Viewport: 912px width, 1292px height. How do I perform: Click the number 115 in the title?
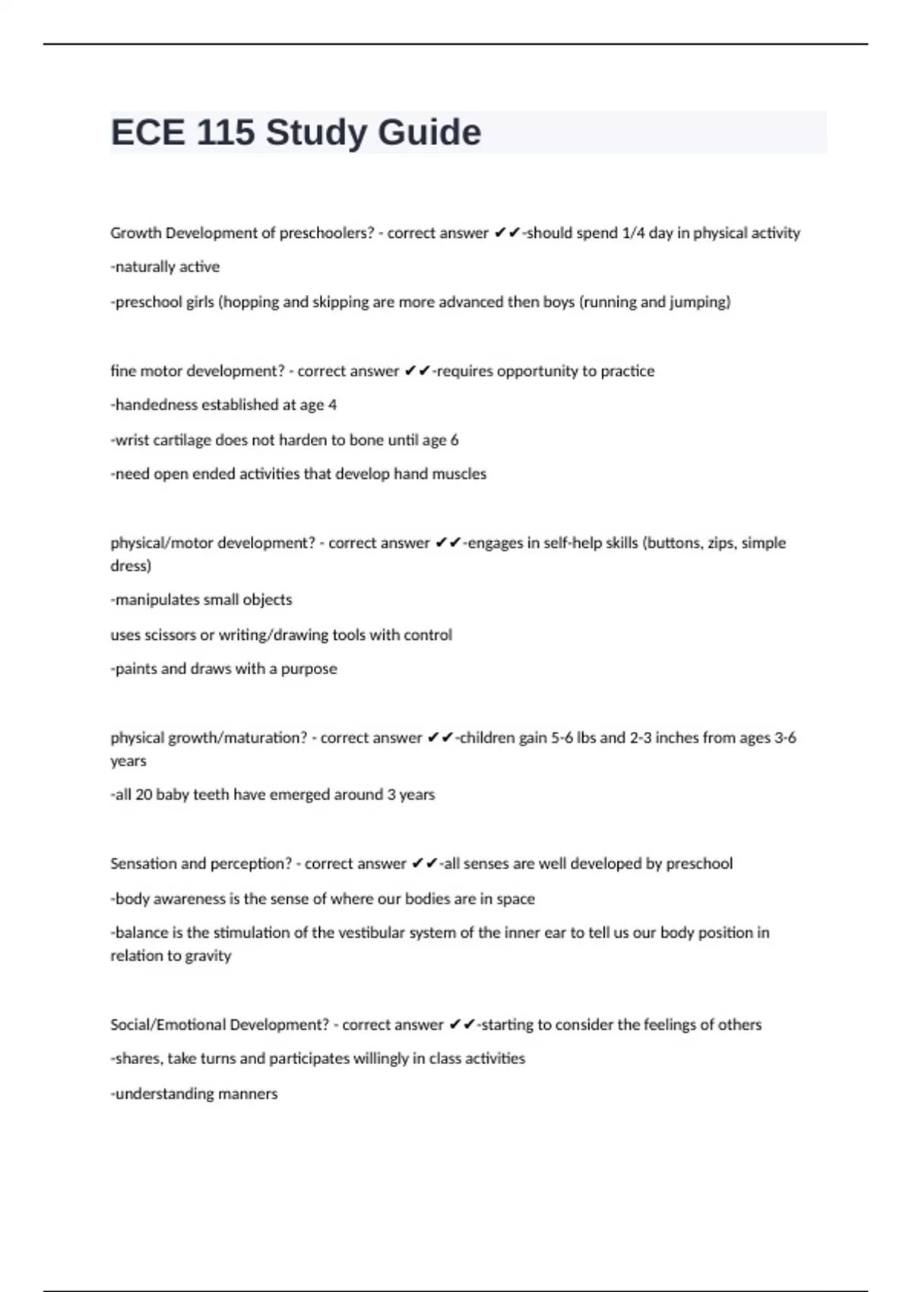(225, 132)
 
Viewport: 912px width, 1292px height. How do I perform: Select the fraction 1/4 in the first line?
(633, 233)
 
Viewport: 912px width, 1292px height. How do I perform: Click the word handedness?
(156, 405)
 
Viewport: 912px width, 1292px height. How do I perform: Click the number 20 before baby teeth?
(144, 795)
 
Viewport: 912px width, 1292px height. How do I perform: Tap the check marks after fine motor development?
(417, 371)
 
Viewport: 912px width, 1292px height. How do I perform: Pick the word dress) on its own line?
(131, 566)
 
